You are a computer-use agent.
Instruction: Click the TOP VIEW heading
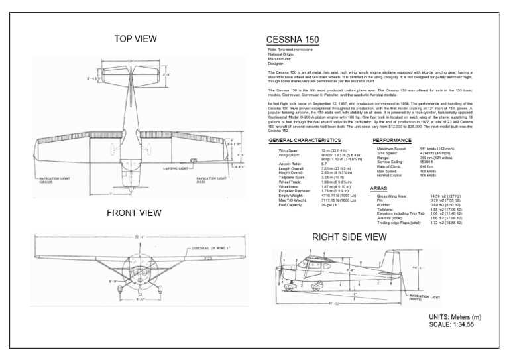click(135, 38)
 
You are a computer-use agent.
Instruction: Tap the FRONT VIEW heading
click(134, 213)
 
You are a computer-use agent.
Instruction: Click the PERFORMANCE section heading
click(392, 141)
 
